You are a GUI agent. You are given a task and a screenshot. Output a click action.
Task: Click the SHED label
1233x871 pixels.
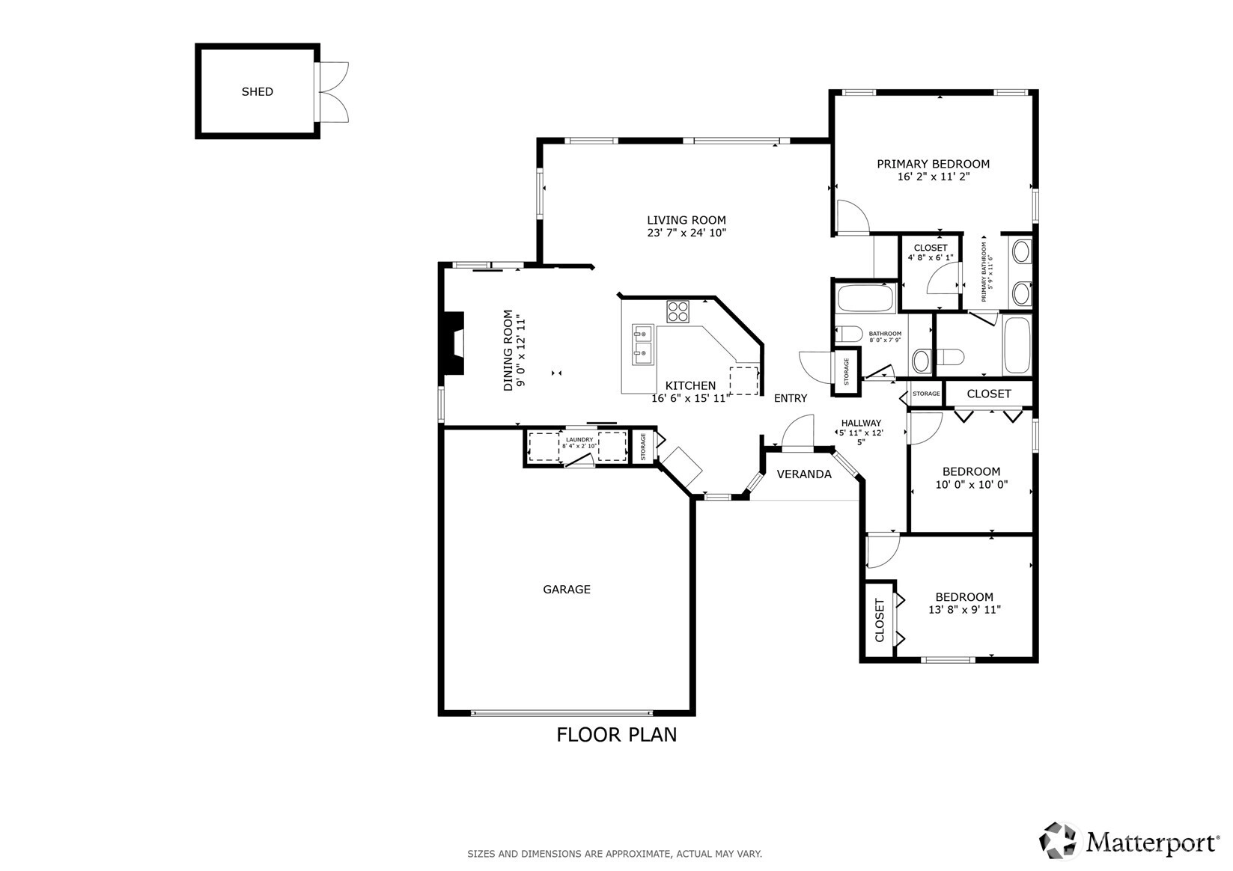click(257, 91)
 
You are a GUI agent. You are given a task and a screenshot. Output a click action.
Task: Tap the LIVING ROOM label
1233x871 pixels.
click(686, 220)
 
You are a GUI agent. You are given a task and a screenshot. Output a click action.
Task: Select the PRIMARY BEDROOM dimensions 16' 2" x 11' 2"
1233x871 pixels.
click(934, 177)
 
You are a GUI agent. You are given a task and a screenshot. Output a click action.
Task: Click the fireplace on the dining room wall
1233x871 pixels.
click(454, 343)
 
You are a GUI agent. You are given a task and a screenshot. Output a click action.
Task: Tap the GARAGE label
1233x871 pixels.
click(567, 590)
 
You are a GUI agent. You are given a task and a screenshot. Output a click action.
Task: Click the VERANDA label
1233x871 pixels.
click(804, 474)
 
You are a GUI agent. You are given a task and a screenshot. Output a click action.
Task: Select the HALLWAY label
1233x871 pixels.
click(862, 423)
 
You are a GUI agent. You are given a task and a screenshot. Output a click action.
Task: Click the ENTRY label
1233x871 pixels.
click(791, 398)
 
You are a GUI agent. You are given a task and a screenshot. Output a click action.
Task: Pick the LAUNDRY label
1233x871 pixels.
click(579, 440)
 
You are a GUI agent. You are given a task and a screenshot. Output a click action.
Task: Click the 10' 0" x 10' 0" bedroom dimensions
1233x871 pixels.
click(972, 485)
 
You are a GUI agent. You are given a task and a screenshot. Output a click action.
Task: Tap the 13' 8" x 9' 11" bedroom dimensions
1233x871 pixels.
click(964, 610)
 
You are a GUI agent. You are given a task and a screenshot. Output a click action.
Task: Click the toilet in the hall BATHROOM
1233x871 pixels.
click(849, 334)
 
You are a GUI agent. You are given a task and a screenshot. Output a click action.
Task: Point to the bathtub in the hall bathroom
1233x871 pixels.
click(866, 299)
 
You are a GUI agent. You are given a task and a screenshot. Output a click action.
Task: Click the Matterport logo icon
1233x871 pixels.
click(1058, 841)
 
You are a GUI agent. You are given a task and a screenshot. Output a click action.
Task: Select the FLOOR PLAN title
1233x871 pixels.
click(617, 735)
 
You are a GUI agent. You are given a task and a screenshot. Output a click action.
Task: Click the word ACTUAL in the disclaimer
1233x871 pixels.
click(693, 854)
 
